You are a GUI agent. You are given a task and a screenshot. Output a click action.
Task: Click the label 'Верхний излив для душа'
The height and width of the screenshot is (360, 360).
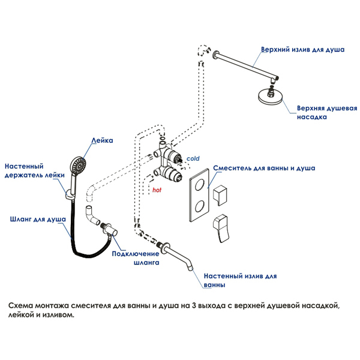[302, 50]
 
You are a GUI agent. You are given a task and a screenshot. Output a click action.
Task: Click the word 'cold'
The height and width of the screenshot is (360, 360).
[193, 158]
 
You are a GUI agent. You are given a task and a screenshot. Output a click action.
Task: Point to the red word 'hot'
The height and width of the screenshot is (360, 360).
[157, 190]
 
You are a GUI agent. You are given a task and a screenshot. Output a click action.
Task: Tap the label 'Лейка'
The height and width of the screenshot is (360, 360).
[102, 140]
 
